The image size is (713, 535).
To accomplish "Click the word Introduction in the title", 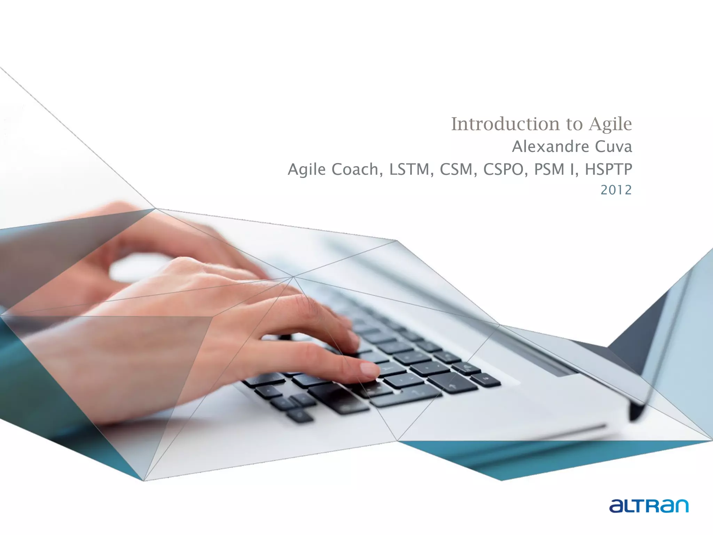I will [504, 124].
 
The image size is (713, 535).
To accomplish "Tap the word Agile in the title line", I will [610, 125].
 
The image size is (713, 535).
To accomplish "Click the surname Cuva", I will [613, 147].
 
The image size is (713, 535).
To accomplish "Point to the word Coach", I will [355, 169].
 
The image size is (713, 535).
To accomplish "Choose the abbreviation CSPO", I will [503, 169].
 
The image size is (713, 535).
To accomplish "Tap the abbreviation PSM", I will [549, 169].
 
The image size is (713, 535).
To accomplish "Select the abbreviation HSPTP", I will [608, 169].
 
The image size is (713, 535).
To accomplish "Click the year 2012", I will [616, 190].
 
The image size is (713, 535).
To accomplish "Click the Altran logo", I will [649, 505].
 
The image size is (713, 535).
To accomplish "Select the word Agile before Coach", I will [307, 170].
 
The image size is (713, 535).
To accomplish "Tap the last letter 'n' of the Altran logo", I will [680, 506].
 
